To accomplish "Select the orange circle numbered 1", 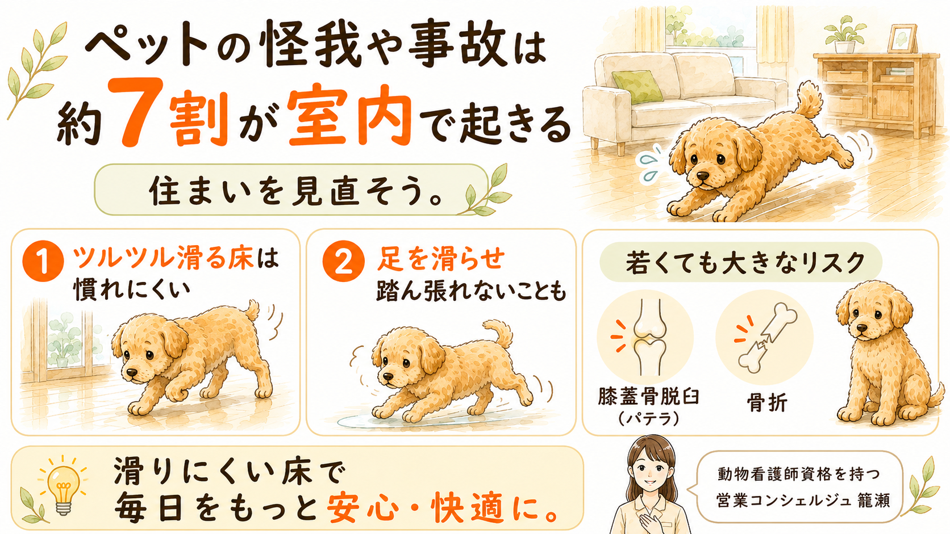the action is [x=43, y=261].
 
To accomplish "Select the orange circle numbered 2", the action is [x=343, y=261].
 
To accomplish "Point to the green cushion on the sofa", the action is [x=637, y=86].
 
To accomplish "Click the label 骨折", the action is [x=767, y=402].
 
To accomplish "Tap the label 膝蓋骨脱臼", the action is [x=648, y=397].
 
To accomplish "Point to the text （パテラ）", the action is [x=648, y=419].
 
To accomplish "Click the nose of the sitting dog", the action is [x=861, y=329].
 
